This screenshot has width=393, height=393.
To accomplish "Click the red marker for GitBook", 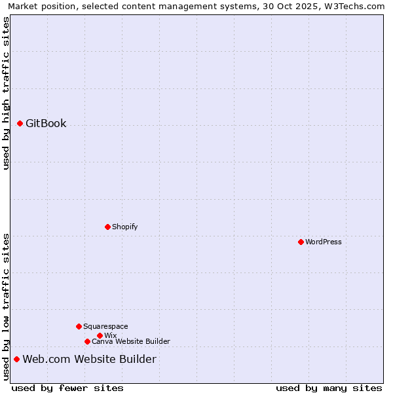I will (x=20, y=123).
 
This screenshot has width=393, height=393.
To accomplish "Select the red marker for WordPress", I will (x=301, y=242).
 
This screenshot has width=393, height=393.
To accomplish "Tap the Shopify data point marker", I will (x=107, y=227).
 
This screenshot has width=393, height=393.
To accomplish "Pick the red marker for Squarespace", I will (x=79, y=326).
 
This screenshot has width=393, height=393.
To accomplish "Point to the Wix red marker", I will (x=100, y=335).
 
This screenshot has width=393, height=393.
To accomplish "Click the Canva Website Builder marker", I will (x=87, y=341).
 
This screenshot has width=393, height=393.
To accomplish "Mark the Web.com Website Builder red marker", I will (x=16, y=359).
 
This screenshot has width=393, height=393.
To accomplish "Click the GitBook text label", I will (x=46, y=123).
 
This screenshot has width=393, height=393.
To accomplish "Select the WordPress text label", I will (x=324, y=242).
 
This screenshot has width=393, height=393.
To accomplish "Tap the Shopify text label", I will (x=124, y=227).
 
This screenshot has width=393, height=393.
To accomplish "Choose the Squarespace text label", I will (x=105, y=326).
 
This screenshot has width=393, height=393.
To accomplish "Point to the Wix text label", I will (x=110, y=335).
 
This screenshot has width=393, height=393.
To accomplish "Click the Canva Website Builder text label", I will (x=131, y=341).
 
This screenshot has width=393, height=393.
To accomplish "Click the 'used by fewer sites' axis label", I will (x=67, y=388).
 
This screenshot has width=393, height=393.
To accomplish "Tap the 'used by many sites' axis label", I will (x=329, y=388).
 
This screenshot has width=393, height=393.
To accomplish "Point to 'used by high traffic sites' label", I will (x=6, y=93).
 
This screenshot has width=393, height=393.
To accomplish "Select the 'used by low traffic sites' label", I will (x=6, y=306).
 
